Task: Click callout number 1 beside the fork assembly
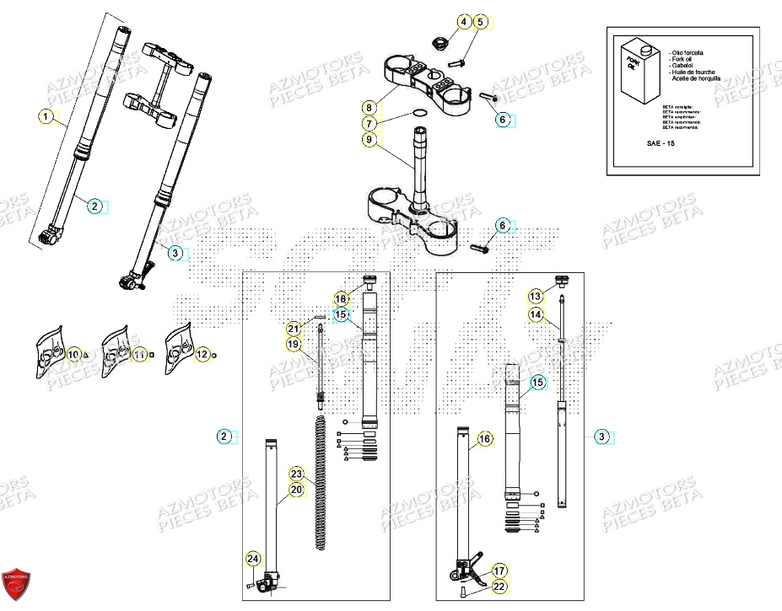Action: tap(47, 115)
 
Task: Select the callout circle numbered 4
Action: tap(463, 22)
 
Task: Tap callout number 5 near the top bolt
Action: tap(481, 22)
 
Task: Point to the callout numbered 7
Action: tap(370, 123)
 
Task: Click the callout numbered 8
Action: tap(369, 107)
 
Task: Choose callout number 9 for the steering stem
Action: tap(369, 140)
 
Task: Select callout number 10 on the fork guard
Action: tap(73, 355)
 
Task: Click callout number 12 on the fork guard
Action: tap(202, 355)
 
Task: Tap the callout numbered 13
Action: tap(536, 296)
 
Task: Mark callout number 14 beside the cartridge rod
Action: tap(536, 314)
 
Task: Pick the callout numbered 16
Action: tap(484, 439)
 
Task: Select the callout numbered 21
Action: tap(293, 329)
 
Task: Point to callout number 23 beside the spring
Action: tap(296, 474)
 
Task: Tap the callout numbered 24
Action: tap(252, 558)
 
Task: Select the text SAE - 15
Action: tap(659, 143)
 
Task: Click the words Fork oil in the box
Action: tap(680, 59)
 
